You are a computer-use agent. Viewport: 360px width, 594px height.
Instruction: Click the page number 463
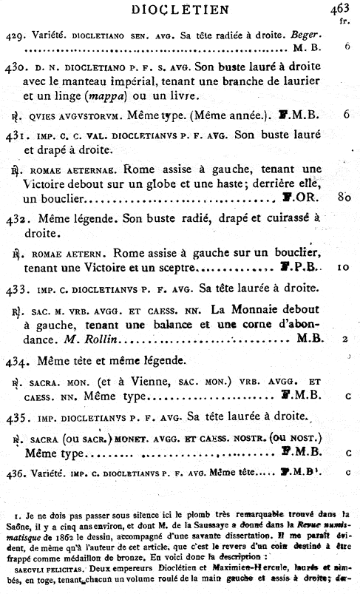(x=341, y=9)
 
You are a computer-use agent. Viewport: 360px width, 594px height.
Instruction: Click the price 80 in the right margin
(x=342, y=198)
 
